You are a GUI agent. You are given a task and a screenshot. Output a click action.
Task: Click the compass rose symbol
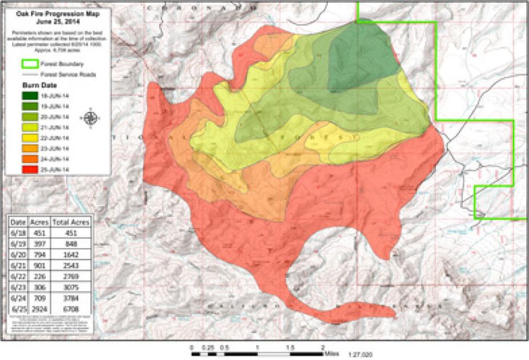click(90, 118)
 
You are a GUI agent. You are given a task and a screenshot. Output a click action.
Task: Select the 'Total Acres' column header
click(71, 222)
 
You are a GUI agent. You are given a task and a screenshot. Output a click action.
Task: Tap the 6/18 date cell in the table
click(18, 233)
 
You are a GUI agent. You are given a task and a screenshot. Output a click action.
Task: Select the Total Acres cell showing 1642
click(71, 255)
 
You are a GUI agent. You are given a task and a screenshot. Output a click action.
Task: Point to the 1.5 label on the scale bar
click(290, 347)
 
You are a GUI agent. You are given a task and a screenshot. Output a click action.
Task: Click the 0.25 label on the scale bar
click(209, 347)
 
